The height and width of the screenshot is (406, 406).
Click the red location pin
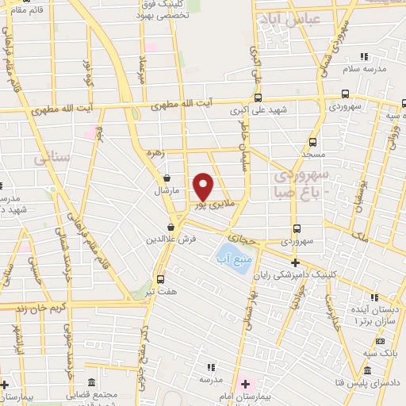point(204,186)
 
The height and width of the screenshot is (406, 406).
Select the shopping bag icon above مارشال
point(167,178)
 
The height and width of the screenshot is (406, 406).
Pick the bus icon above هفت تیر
point(161,279)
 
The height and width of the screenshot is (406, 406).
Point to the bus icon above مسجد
point(313,143)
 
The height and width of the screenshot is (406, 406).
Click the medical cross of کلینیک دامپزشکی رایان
point(295,262)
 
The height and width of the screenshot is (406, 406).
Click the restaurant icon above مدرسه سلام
point(365,56)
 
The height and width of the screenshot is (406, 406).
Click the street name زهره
point(153,153)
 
